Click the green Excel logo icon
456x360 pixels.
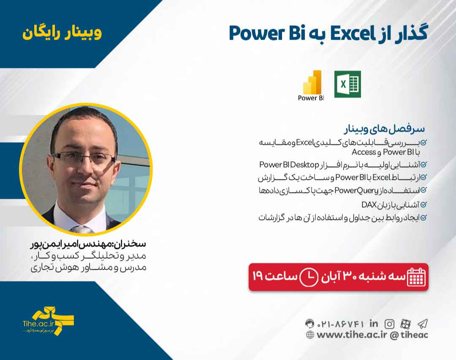347,84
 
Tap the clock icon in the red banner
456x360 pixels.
309,277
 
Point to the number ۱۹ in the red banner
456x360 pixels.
258,277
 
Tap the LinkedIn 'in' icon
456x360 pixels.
374,324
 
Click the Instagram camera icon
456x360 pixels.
389,324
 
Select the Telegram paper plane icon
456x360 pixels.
422,324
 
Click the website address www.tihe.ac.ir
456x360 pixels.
352,335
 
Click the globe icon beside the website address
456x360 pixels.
310,335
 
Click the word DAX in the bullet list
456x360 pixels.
369,205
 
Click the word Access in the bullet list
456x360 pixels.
364,152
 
